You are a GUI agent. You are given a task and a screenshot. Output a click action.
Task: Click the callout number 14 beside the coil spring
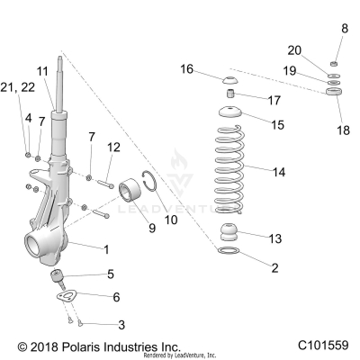pos(278,170)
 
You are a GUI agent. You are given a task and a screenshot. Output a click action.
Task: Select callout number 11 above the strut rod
pos(42,70)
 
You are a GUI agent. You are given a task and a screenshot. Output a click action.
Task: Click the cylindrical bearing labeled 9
pos(128,193)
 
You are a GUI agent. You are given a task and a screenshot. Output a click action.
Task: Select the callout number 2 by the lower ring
pos(274,268)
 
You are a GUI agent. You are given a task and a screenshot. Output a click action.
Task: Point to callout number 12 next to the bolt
pos(113,147)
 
